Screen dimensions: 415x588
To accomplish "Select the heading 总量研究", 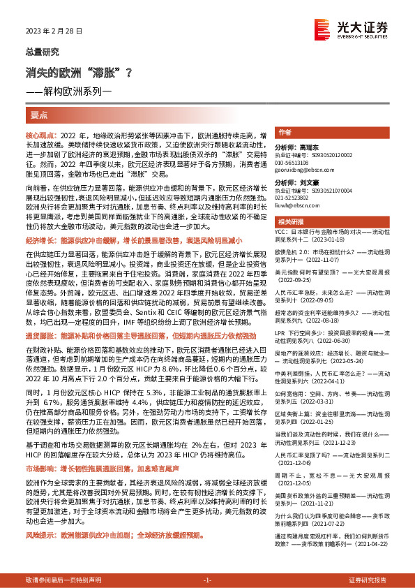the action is click(43, 52).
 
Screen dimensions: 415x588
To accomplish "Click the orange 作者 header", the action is click(284, 132).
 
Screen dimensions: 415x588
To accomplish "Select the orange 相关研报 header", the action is click(290, 221).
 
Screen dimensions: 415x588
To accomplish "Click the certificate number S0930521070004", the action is click(329, 190).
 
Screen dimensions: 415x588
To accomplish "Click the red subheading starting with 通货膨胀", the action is click(139, 336).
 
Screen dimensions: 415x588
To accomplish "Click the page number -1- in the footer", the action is click(207, 580).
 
